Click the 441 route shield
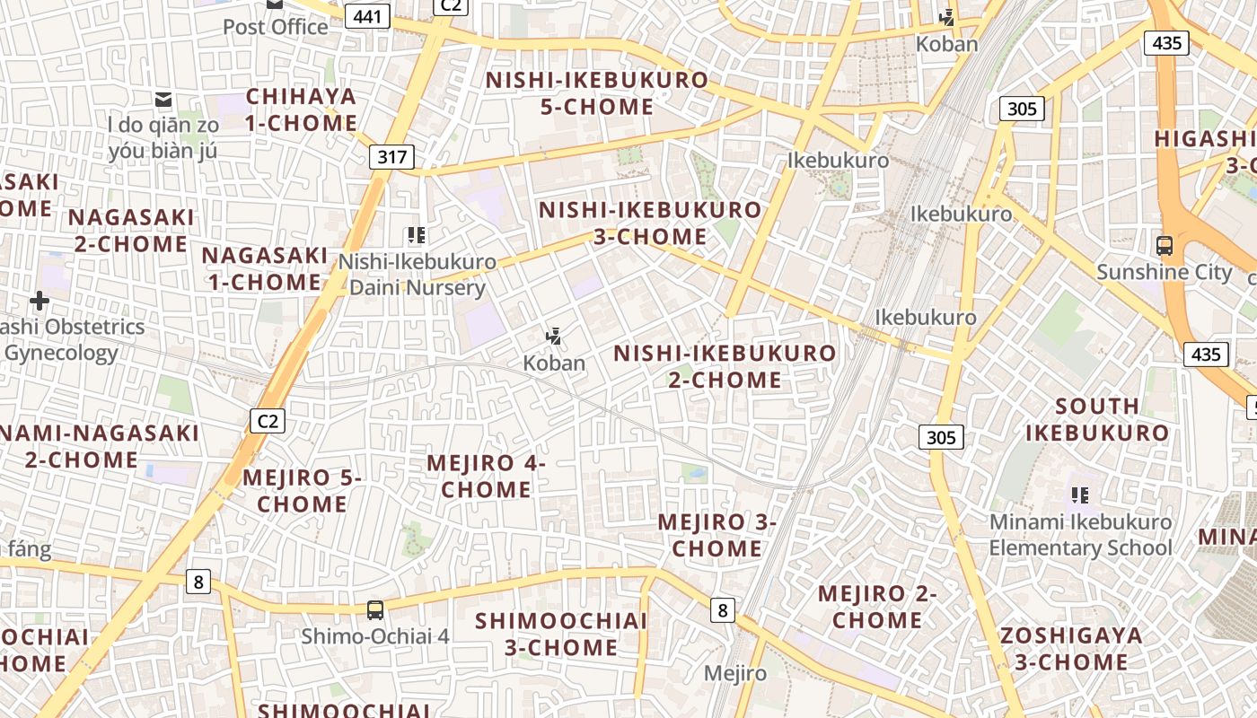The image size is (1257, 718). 368,16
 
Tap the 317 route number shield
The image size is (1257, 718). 392,157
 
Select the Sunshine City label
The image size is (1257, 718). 1165,272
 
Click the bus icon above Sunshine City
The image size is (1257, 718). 1165,244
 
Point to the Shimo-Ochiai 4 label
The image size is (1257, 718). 374,636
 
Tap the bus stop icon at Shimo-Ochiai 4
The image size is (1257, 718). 375,610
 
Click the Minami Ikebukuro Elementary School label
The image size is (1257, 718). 1080,535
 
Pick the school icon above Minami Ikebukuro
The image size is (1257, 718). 1080,495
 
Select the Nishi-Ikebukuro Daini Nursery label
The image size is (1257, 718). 417,275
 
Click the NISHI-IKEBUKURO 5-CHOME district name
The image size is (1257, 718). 597,93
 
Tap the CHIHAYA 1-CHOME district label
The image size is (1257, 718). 301,109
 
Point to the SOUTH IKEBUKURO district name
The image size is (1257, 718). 1097,419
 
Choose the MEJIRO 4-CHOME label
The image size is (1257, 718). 486,477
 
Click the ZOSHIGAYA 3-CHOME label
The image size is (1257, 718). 1071,649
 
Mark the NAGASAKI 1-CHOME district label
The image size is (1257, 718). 264,268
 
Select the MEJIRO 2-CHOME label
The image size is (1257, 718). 876,607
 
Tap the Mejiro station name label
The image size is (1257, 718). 735,673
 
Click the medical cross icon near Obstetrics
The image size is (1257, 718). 40,301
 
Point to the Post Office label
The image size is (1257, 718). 275,27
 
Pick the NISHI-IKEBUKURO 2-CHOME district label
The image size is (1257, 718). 725,366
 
